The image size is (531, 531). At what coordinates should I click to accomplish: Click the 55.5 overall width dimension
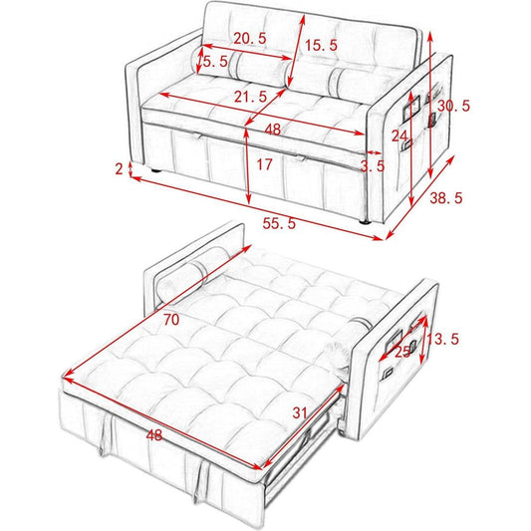(x=279, y=223)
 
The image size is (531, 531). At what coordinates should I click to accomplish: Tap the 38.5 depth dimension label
(x=446, y=198)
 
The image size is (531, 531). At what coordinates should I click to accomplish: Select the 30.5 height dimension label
(x=453, y=106)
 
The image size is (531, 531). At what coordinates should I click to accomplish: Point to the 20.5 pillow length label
(x=250, y=38)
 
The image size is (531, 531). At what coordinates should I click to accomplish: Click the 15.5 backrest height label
(x=322, y=45)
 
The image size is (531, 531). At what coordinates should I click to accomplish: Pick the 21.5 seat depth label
(x=251, y=98)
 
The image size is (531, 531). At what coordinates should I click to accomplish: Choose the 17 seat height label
(x=264, y=164)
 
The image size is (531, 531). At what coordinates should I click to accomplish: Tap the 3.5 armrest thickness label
(x=373, y=166)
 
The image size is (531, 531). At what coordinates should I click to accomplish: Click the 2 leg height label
(x=119, y=168)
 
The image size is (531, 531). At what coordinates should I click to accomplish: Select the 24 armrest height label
(x=399, y=136)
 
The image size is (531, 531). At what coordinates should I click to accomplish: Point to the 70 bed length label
(x=171, y=320)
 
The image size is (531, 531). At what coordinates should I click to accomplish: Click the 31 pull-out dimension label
(x=300, y=412)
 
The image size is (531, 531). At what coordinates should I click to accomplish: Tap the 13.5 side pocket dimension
(x=443, y=339)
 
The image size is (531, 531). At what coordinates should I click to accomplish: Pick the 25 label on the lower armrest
(x=403, y=353)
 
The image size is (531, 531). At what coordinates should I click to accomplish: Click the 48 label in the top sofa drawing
(x=273, y=130)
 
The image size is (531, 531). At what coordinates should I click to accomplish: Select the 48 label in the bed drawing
(x=154, y=435)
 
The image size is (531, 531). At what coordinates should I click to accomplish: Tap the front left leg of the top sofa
(x=156, y=170)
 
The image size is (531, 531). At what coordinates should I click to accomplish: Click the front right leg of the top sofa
(x=365, y=222)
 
